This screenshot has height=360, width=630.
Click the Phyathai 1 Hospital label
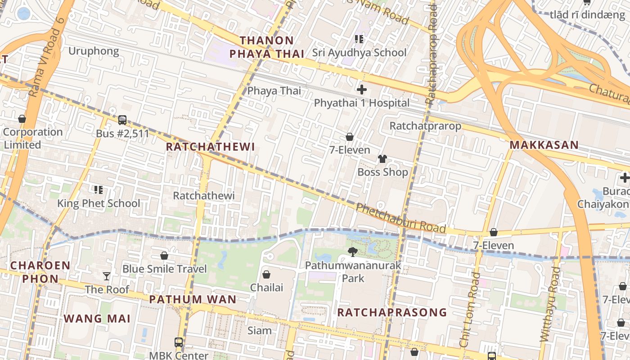click(362, 103)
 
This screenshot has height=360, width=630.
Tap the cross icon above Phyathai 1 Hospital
click(361, 90)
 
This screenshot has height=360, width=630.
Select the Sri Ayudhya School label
click(359, 53)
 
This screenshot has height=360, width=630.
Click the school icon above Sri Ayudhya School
click(359, 39)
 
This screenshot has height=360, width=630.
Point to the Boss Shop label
click(382, 172)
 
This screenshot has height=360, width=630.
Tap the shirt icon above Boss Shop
click(382, 158)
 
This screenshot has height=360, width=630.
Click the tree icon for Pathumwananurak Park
click(353, 252)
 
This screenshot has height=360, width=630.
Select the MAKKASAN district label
click(544, 145)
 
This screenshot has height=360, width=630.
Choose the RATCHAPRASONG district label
click(392, 312)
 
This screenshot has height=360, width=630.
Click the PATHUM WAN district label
click(193, 299)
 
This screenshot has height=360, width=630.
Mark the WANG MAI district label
click(97, 319)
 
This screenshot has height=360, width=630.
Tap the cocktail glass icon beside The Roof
click(107, 276)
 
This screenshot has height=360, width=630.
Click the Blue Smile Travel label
click(165, 269)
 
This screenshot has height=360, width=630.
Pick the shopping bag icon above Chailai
click(266, 274)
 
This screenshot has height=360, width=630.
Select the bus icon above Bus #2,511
click(122, 120)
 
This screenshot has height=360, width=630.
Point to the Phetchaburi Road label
click(400, 218)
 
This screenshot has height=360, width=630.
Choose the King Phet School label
click(99, 203)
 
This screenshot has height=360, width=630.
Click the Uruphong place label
click(94, 51)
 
